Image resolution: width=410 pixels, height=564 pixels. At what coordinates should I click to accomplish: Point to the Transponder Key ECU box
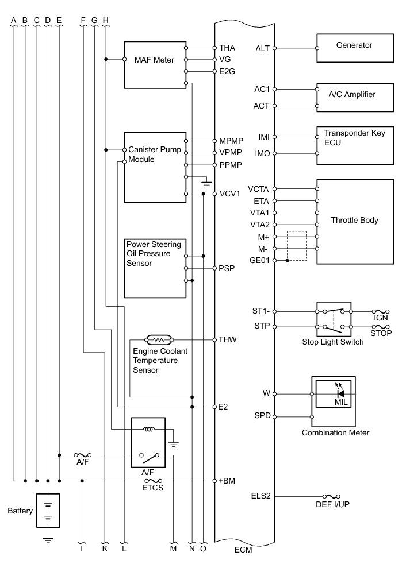(x=354, y=145)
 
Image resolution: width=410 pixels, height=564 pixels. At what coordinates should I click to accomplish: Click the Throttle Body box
(x=354, y=221)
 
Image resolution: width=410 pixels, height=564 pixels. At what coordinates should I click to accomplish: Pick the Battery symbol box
(x=48, y=510)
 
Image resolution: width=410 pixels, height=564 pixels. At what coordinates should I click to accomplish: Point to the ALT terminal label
(x=262, y=48)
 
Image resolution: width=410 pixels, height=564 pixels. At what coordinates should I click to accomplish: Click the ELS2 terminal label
(x=260, y=496)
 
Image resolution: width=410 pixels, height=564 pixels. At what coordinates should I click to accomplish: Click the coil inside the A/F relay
(x=149, y=429)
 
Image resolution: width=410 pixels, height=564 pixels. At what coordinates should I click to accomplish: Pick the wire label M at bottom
(x=173, y=549)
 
